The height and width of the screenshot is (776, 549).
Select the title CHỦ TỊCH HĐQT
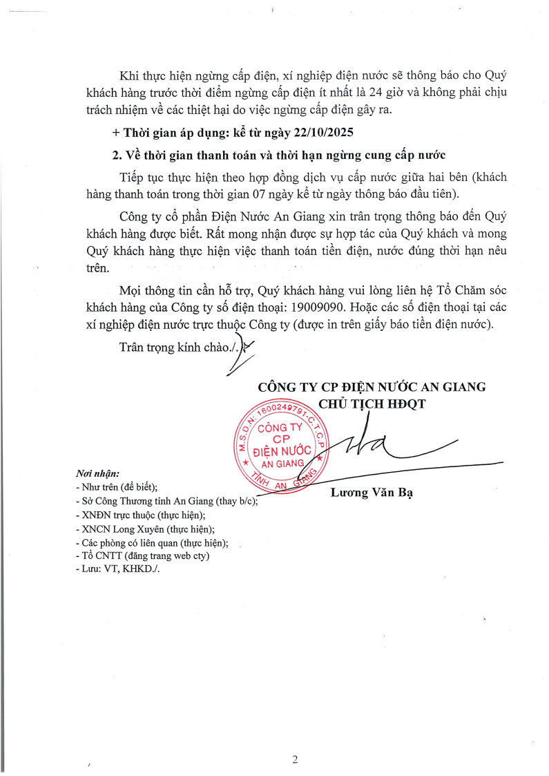point(372,403)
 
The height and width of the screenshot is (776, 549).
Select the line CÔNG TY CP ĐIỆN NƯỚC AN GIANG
point(372,386)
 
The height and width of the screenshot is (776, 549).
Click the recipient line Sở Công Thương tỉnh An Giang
point(166,501)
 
